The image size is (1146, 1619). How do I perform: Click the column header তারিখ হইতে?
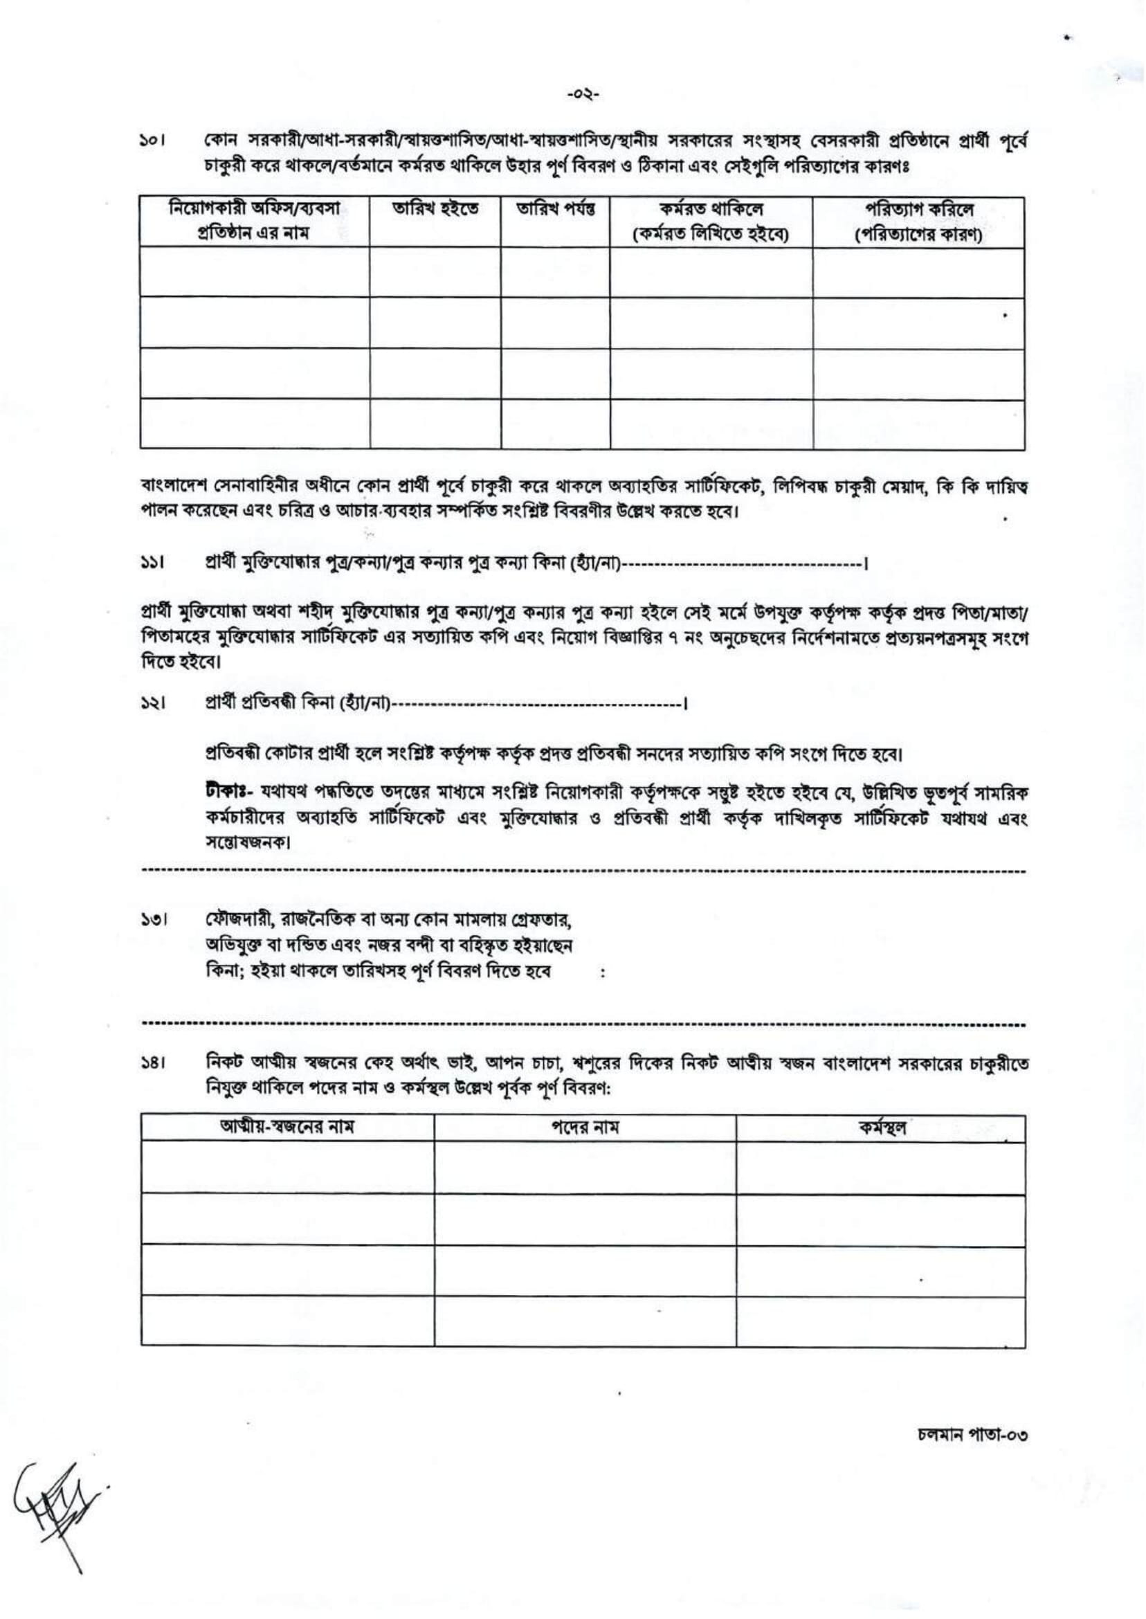(x=435, y=209)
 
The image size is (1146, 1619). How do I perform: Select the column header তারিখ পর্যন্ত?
(x=556, y=209)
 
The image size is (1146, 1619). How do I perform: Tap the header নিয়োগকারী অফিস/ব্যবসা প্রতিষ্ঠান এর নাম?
(x=254, y=220)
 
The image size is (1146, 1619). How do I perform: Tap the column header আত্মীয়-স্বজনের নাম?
(x=287, y=1127)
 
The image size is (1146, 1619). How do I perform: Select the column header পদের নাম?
(x=584, y=1128)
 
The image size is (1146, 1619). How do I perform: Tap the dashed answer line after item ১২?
(x=536, y=705)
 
